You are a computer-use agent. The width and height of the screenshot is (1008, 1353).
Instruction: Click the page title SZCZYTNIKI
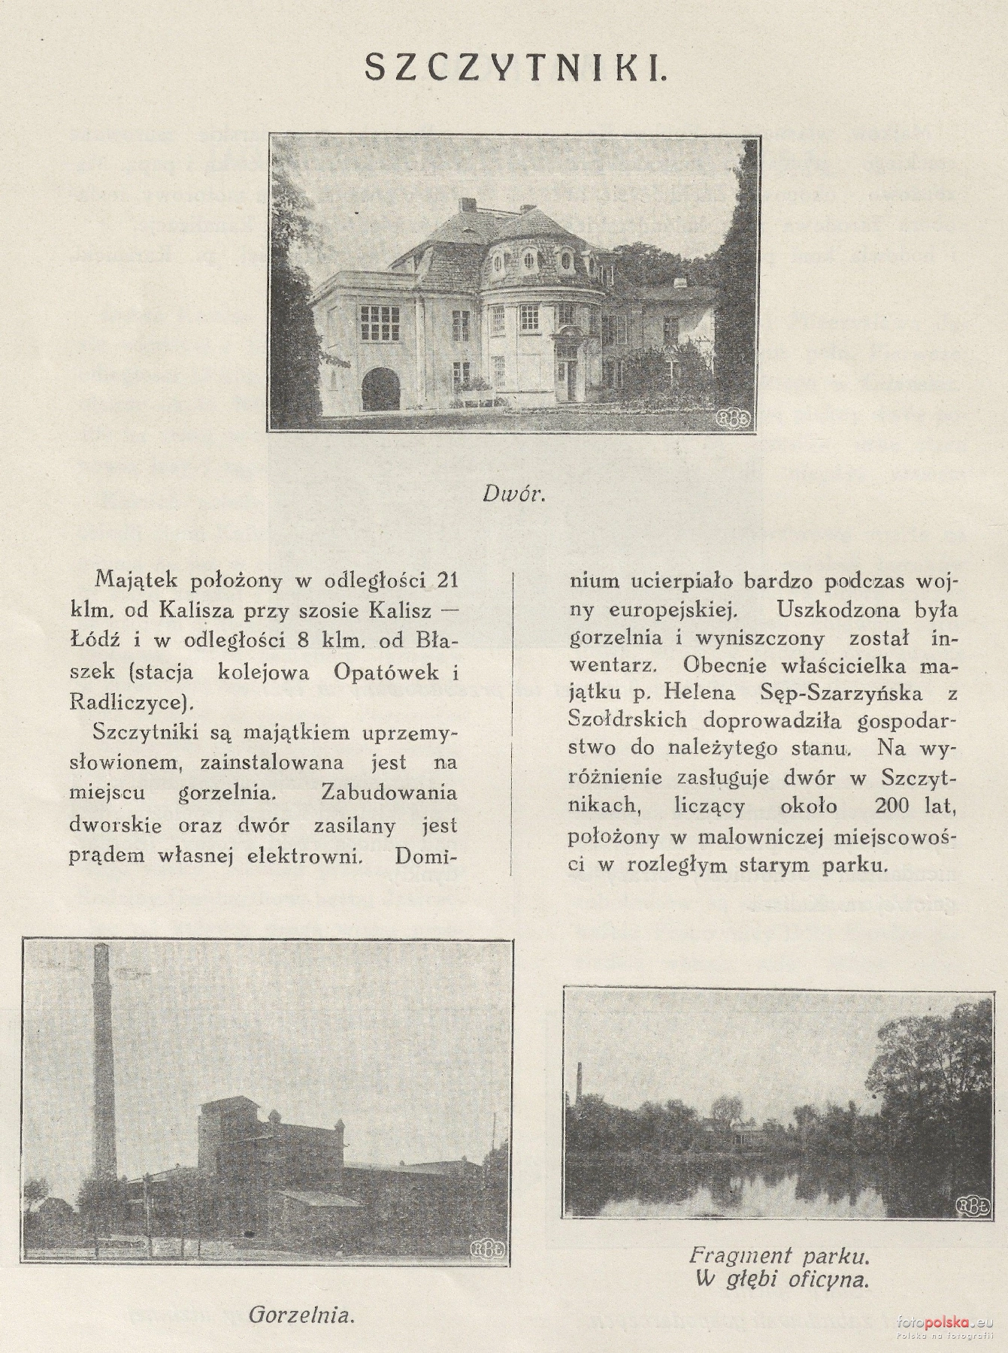(515, 68)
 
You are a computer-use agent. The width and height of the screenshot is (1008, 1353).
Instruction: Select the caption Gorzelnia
(301, 1315)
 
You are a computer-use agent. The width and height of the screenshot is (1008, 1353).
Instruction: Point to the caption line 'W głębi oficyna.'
(782, 1280)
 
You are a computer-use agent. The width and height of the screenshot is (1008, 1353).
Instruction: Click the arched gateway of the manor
(381, 388)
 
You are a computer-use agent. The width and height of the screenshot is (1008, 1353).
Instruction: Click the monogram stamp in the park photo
(969, 1206)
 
